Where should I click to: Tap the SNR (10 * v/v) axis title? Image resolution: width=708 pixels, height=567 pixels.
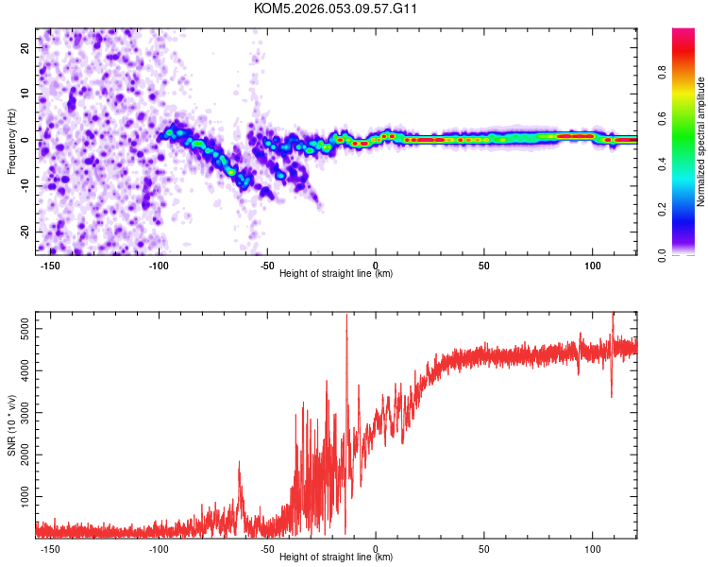[11, 424]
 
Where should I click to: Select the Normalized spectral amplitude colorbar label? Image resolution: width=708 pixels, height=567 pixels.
[700, 142]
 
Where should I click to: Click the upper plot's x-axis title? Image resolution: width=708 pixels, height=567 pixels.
[336, 274]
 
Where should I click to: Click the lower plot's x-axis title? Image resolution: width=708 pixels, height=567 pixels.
[336, 558]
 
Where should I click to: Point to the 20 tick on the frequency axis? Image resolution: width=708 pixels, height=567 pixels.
[25, 47]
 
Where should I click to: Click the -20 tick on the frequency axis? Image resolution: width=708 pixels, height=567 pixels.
[24, 232]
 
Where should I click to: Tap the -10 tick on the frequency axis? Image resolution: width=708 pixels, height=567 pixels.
[24, 185]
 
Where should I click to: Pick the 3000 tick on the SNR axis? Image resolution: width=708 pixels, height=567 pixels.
[19, 412]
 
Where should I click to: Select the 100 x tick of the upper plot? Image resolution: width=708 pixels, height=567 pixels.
[592, 266]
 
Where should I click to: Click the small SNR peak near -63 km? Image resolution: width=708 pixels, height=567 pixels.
[239, 463]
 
